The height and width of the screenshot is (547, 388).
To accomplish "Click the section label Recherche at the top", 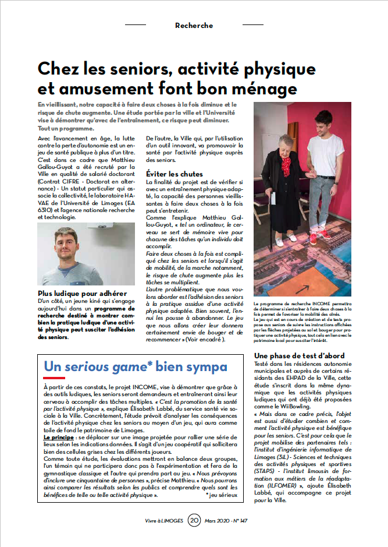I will click(194, 26).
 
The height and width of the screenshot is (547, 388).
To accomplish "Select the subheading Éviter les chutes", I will click(174, 174).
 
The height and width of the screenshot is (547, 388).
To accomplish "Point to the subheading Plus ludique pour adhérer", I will click(82, 292).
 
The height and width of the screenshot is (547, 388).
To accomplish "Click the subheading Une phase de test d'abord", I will click(300, 355).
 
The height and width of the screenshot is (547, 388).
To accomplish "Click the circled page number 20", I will click(194, 520).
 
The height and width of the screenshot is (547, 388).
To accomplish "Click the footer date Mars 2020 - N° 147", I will click(232, 520).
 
